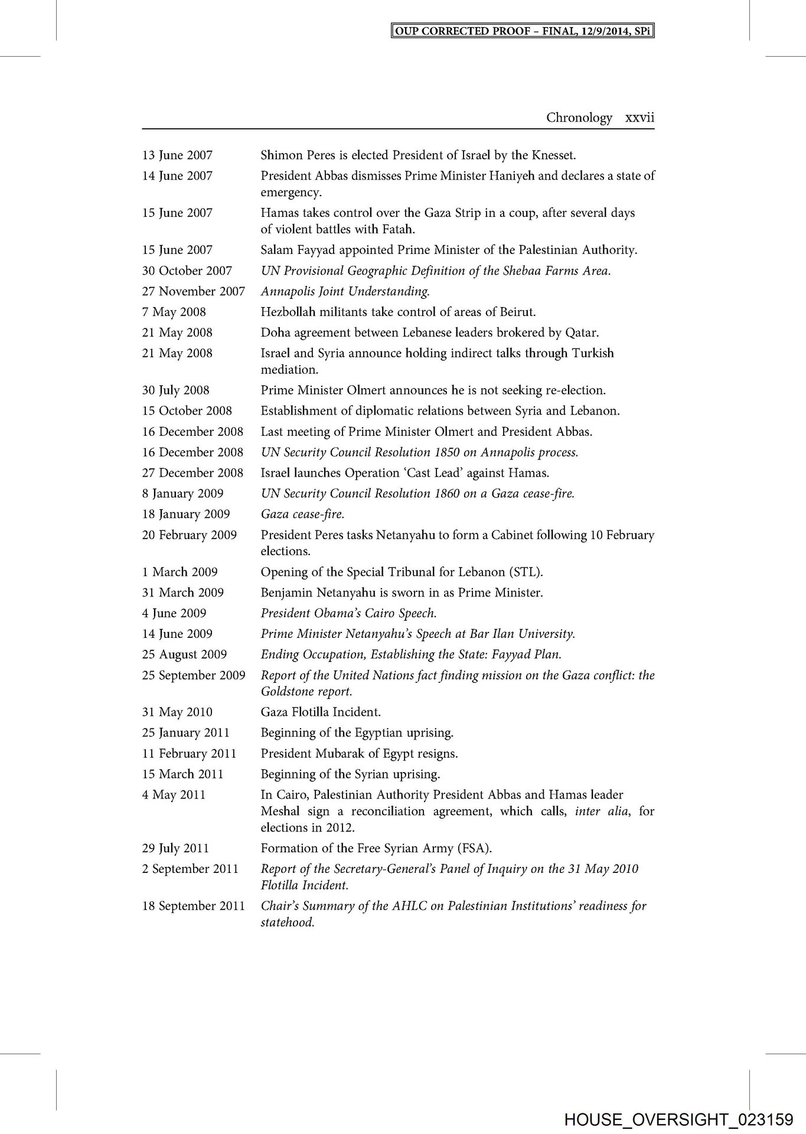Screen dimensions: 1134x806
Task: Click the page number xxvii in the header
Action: point(639,118)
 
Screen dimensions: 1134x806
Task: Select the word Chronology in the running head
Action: point(579,118)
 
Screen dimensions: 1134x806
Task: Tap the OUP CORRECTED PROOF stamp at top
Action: point(523,31)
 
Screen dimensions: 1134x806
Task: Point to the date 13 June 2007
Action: point(177,155)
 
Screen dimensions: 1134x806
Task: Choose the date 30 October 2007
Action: point(187,271)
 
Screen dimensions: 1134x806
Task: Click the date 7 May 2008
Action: point(174,312)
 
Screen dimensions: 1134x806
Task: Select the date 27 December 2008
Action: point(192,473)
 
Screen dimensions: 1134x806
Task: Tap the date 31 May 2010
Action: point(177,712)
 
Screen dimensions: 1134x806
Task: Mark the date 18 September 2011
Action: point(193,906)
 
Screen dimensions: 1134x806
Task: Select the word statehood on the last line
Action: point(287,923)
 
